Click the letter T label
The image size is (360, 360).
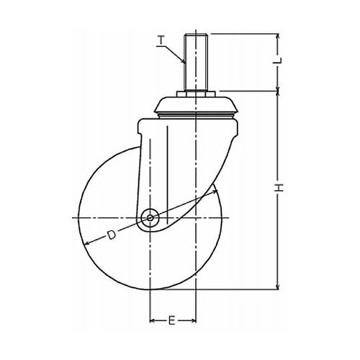(162, 40)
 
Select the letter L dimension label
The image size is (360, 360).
(278, 60)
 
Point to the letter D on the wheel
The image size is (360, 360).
(111, 235)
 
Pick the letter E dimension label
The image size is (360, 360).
(171, 320)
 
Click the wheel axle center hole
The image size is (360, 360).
(150, 218)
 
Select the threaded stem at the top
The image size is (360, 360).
(195, 63)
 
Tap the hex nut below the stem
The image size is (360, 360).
(195, 94)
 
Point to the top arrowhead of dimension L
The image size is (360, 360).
(278, 36)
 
